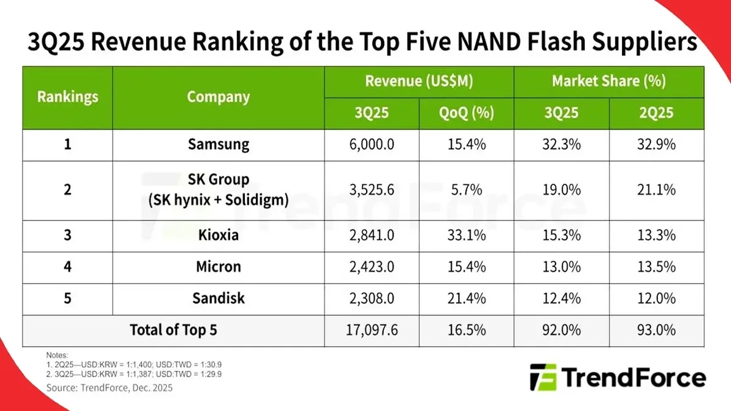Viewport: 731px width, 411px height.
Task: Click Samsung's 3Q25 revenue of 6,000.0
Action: (x=372, y=144)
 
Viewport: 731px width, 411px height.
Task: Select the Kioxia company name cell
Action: (x=218, y=236)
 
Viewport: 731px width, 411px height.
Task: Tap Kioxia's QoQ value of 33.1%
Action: (x=466, y=236)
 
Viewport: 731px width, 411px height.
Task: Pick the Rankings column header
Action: (x=68, y=97)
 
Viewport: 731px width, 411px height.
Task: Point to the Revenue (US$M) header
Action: (x=419, y=81)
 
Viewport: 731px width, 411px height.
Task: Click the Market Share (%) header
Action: (x=609, y=81)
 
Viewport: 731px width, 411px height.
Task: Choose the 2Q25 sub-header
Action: (x=656, y=113)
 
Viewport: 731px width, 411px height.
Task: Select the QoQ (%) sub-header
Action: (x=466, y=113)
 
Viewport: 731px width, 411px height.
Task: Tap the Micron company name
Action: (x=218, y=267)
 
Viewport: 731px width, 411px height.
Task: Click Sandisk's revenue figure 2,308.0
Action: (x=372, y=298)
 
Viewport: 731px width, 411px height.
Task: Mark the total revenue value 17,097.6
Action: (x=372, y=330)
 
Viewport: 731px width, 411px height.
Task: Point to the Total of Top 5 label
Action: (x=174, y=330)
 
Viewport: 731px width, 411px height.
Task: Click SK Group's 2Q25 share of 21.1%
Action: (x=656, y=190)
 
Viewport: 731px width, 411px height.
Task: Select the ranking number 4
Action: (x=68, y=267)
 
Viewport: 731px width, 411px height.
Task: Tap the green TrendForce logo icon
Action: (x=543, y=378)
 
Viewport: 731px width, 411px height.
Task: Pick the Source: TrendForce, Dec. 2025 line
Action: (x=110, y=388)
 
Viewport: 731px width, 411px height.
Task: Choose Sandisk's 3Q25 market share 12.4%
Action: (x=561, y=298)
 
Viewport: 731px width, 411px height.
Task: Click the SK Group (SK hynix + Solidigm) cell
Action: (x=218, y=190)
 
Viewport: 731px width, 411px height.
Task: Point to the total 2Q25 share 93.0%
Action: (x=656, y=330)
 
